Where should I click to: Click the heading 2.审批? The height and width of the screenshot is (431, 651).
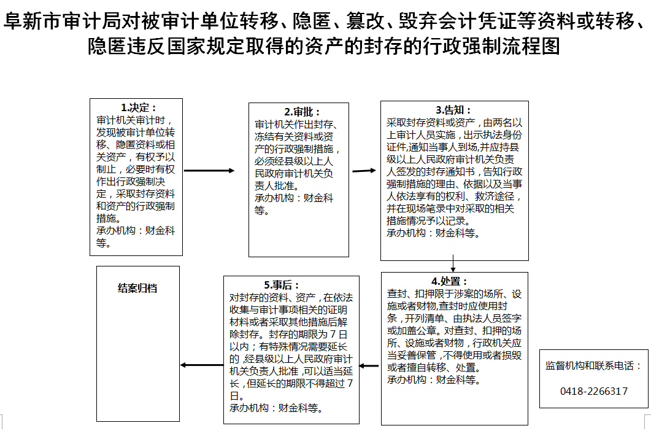click(x=298, y=112)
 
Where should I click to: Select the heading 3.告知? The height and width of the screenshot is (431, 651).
click(x=454, y=111)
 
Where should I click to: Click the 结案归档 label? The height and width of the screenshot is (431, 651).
click(x=137, y=287)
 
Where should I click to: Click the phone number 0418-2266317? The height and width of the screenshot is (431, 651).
click(x=594, y=391)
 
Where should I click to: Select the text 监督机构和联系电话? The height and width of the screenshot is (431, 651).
click(x=593, y=366)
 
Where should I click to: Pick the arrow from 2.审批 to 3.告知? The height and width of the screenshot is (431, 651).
click(x=364, y=170)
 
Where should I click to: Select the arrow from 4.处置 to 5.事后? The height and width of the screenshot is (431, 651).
click(x=369, y=366)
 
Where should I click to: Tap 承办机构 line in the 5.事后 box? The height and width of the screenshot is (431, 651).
click(x=275, y=407)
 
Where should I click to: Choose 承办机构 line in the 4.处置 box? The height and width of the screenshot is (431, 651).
click(x=433, y=379)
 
